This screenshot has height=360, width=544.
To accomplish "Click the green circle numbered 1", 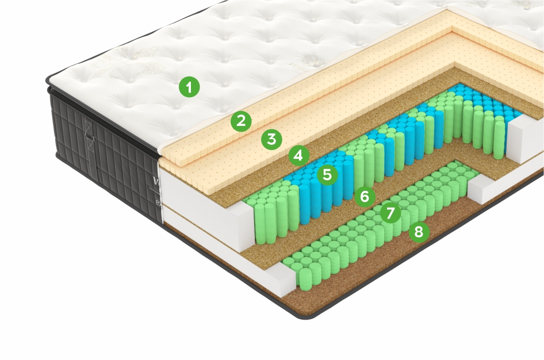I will tap(189, 87).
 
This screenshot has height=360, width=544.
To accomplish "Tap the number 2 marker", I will tap(241, 121).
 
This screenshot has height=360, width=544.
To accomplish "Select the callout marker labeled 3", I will tap(271, 139).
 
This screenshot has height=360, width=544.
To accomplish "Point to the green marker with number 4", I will tap(299, 155).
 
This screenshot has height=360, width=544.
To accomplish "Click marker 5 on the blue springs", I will tap(327, 175).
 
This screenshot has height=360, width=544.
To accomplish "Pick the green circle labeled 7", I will tap(390, 213).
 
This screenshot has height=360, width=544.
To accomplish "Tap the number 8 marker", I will tap(418, 232).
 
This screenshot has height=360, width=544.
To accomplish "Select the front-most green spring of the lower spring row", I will tap(308, 277).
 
